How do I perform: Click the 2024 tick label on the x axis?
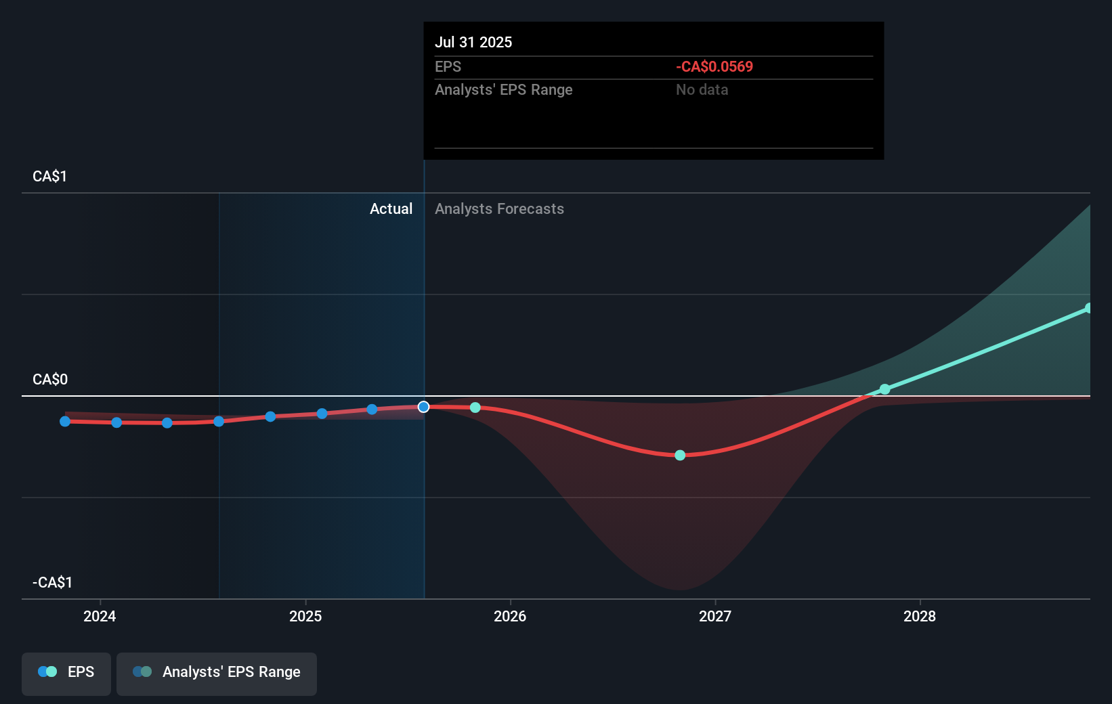[x=100, y=616]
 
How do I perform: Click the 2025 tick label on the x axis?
[x=305, y=616]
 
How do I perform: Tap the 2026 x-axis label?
[x=510, y=616]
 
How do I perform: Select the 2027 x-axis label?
[x=715, y=616]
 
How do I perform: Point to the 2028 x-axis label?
[x=920, y=616]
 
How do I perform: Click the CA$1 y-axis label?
[x=49, y=177]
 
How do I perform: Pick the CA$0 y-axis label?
[x=50, y=379]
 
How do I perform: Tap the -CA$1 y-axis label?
[x=52, y=582]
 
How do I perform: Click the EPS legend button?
[x=66, y=673]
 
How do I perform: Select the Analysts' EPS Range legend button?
[x=217, y=673]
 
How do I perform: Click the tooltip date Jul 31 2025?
[x=473, y=42]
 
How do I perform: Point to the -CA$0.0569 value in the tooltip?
[x=714, y=66]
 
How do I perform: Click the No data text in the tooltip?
[x=702, y=89]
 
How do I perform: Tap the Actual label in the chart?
[x=391, y=208]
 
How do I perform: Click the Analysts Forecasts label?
[x=499, y=208]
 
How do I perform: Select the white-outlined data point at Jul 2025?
[x=423, y=407]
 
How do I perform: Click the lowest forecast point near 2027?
[x=680, y=455]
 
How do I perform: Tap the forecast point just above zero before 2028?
[x=884, y=389]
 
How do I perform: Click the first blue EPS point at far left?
[x=65, y=421]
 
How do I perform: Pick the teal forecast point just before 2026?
[x=475, y=408]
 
